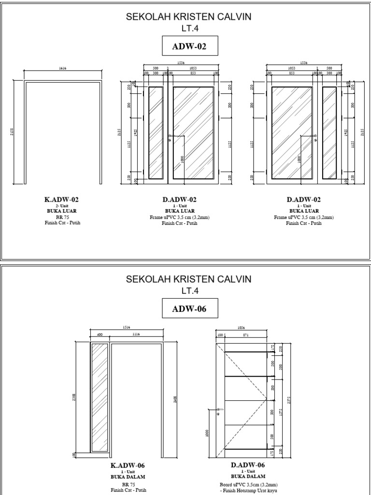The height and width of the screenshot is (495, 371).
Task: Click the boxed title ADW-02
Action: tap(189, 47)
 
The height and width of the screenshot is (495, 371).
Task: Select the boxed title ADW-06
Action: tap(189, 309)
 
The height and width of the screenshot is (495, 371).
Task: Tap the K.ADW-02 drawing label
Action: tap(62, 199)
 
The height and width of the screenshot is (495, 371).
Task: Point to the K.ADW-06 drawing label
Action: tap(128, 466)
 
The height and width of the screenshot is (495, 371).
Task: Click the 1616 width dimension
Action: tap(62, 69)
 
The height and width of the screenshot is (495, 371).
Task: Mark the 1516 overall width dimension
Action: tap(127, 327)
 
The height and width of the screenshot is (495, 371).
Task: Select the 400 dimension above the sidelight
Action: tap(100, 334)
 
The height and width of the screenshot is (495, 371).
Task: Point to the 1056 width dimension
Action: tap(241, 327)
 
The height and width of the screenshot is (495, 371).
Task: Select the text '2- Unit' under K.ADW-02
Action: tap(62, 205)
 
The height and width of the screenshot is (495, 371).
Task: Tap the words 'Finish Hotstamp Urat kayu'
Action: tap(248, 490)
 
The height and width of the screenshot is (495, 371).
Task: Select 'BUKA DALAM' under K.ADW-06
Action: tap(128, 476)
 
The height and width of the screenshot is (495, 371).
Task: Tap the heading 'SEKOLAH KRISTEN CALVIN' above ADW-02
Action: tap(189, 17)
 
